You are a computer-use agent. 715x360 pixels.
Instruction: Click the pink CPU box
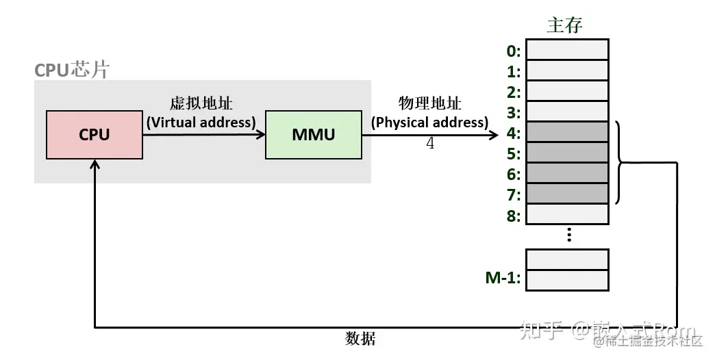[x=95, y=135]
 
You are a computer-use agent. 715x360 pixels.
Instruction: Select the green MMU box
[x=313, y=135]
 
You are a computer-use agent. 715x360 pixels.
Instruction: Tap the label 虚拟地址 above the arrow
[x=201, y=104]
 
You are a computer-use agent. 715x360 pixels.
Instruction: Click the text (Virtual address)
[x=201, y=122]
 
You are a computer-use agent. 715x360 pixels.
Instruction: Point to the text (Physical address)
[x=429, y=122]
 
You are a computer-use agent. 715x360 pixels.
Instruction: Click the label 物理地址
[x=429, y=104]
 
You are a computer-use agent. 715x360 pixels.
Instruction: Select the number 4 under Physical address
[x=430, y=144]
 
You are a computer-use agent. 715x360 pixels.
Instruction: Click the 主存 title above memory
[x=565, y=25]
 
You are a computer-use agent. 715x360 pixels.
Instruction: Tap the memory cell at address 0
[x=567, y=50]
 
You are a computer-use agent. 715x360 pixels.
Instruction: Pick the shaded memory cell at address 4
[x=567, y=132]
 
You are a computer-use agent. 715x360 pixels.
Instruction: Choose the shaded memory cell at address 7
[x=567, y=194]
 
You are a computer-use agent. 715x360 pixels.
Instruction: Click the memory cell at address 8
[x=567, y=214]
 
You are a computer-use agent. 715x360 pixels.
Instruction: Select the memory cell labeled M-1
[x=567, y=279]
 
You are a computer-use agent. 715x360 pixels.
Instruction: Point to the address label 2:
[x=513, y=92]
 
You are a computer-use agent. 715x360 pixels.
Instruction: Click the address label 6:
[x=513, y=175]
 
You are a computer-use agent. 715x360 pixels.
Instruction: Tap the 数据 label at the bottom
[x=360, y=339]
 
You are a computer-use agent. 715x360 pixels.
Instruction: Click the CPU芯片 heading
[x=71, y=70]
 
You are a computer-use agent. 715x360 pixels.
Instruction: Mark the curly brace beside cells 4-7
[x=620, y=163]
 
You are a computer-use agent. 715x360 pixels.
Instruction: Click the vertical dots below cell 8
[x=568, y=235]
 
